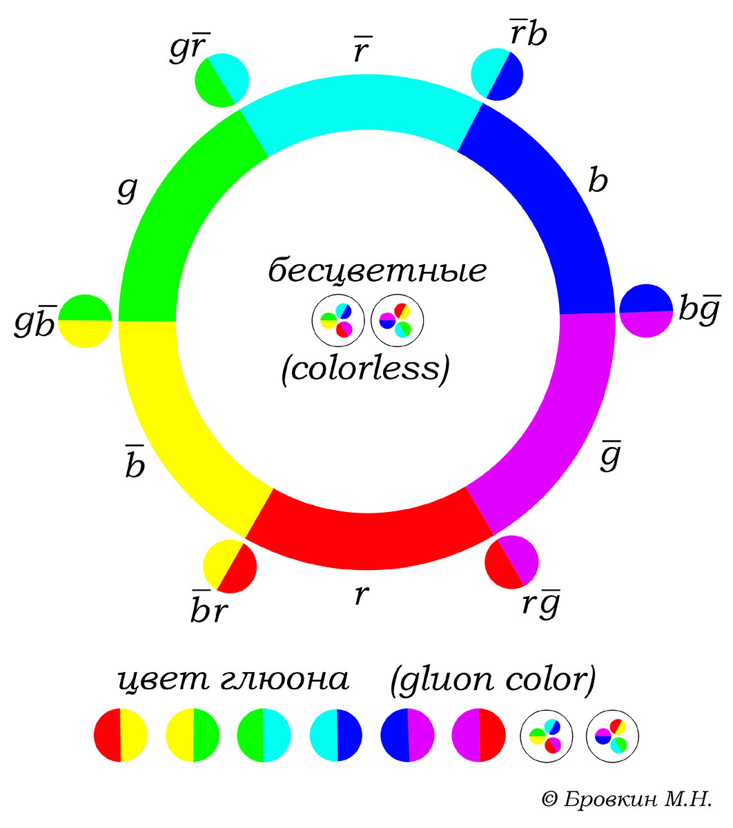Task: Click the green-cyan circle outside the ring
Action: pos(222,80)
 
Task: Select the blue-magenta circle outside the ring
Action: pos(646,310)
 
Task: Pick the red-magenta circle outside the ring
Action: pos(511,562)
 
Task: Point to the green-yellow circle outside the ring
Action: pos(85,321)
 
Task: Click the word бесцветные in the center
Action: pos(378,271)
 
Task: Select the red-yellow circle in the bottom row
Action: pos(121,735)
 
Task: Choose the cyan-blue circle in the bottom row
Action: pos(336,735)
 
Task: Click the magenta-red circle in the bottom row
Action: pos(478,735)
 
